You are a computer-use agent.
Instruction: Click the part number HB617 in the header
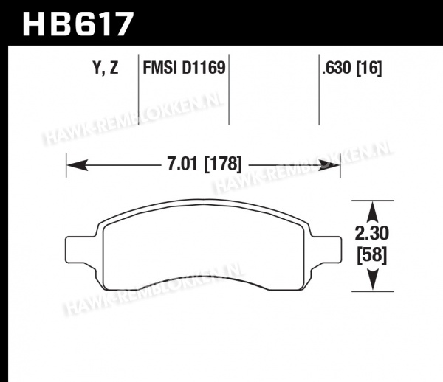78,24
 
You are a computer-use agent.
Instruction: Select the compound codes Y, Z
106,68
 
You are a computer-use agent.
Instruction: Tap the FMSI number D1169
204,68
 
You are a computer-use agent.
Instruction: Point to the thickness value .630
337,68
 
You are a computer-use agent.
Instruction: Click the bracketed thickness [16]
369,68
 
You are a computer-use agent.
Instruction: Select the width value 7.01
182,164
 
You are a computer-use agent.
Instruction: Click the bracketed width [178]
223,164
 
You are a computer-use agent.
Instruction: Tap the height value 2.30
372,233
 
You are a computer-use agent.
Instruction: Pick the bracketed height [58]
372,256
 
